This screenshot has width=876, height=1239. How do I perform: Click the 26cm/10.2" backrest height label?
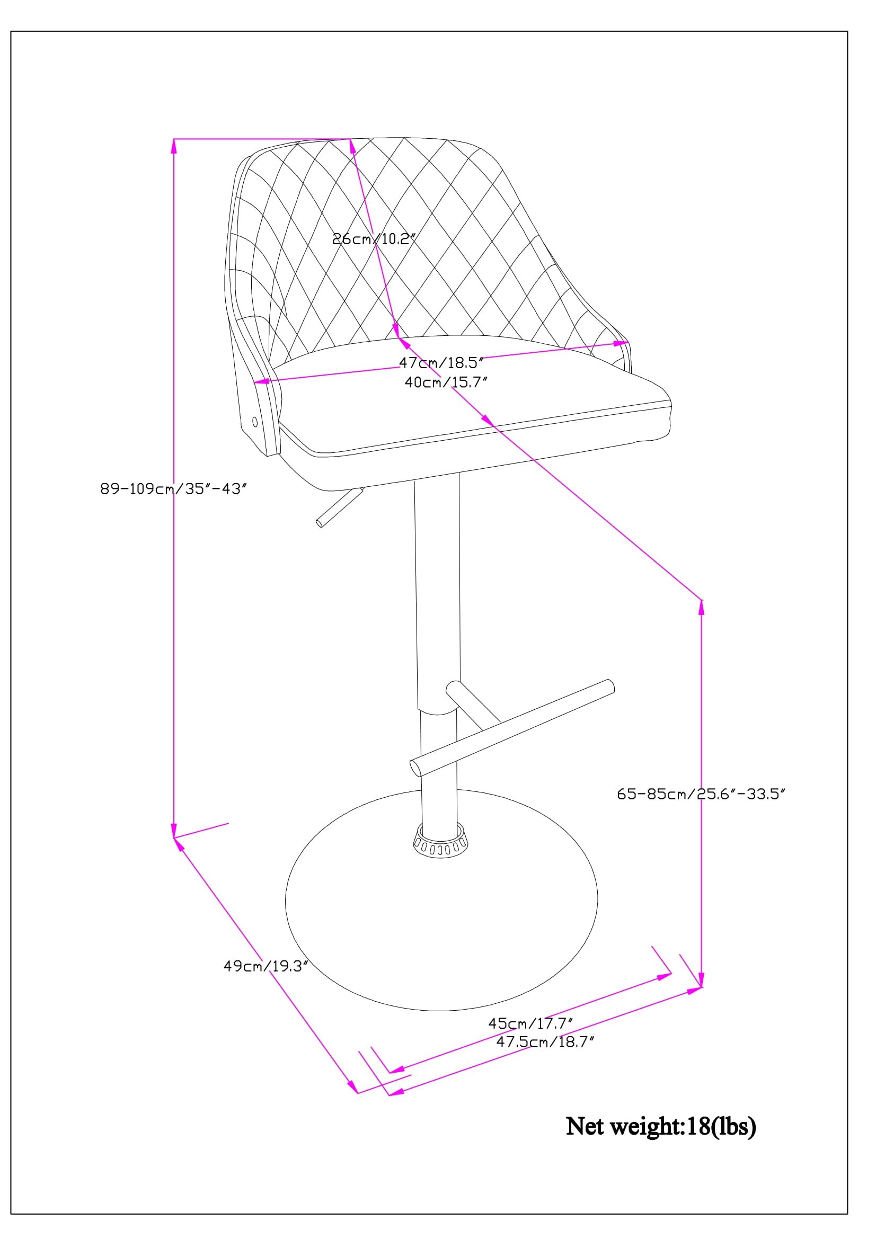tap(374, 238)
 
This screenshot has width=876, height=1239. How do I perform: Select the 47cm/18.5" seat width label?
tap(441, 362)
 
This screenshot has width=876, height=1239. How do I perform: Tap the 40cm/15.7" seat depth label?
tap(446, 382)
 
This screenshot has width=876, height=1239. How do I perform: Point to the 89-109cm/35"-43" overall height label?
tap(174, 489)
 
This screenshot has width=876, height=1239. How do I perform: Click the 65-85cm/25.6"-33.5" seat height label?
tap(701, 794)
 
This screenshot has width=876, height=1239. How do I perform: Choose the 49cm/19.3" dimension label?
tap(266, 966)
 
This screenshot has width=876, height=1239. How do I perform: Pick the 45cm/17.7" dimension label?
tap(530, 1023)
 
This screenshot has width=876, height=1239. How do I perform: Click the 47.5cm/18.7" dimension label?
tap(545, 1041)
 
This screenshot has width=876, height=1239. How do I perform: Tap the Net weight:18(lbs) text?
tap(661, 1126)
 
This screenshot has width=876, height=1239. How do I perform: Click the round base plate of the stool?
tap(441, 950)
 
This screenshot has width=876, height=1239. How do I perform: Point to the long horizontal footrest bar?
tap(512, 727)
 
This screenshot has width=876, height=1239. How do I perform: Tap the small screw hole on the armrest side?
tap(255, 422)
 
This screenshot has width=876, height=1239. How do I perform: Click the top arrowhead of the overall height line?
tap(174, 146)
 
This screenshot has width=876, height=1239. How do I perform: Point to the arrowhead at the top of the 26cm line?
tap(352, 146)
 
